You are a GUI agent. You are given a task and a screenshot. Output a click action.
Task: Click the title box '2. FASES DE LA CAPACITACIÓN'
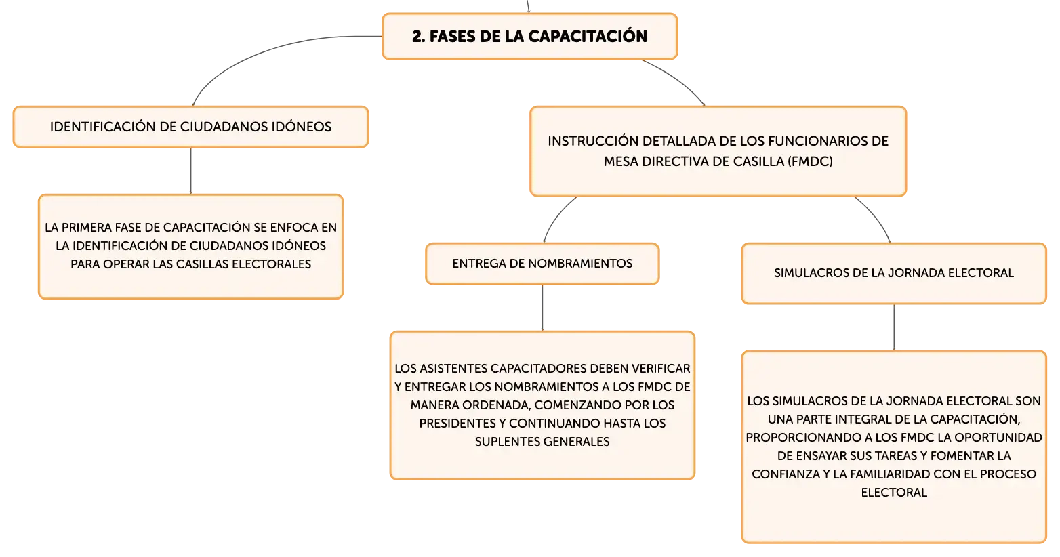coord(529,37)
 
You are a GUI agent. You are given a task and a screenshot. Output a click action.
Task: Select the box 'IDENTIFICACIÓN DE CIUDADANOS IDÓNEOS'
coord(190,127)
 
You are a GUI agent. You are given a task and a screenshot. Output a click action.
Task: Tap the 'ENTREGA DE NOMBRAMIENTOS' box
coord(542,264)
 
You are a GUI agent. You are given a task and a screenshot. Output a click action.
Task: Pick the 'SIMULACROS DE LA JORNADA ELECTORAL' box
coord(894,273)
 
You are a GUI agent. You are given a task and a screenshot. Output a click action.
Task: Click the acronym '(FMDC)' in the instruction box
coord(810,161)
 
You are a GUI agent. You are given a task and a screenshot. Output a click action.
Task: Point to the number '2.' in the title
coord(418,37)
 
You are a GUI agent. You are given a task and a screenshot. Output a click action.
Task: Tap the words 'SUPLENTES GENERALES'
coord(542,442)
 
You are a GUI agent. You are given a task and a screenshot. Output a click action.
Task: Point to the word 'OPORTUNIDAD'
coord(1000,437)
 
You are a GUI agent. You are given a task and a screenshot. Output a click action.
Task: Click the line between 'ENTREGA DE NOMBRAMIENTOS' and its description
coord(542,308)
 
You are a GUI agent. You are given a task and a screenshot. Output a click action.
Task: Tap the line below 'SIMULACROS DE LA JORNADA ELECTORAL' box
coord(894,327)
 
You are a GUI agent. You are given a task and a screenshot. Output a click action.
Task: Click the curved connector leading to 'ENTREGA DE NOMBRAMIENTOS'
coord(556,217)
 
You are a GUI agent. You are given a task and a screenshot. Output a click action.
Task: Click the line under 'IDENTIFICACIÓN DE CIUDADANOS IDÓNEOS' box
coord(190,171)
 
